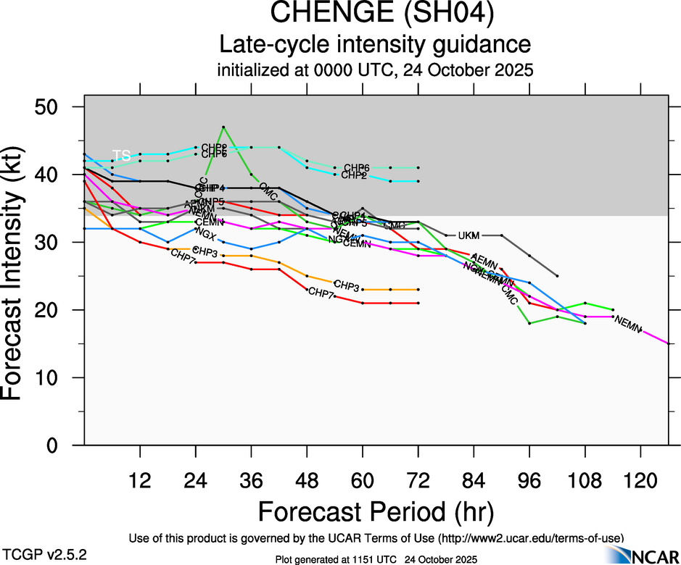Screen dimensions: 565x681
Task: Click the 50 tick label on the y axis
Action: click(54, 106)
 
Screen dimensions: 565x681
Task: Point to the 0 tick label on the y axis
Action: click(61, 445)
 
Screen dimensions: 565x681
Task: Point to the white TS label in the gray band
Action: click(121, 155)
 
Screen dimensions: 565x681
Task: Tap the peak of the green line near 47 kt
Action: click(223, 127)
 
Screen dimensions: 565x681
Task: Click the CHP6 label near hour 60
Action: click(356, 168)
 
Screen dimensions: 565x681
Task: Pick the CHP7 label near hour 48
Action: click(321, 293)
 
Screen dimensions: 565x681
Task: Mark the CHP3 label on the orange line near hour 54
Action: click(347, 287)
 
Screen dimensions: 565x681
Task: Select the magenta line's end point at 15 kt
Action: click(668, 343)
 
